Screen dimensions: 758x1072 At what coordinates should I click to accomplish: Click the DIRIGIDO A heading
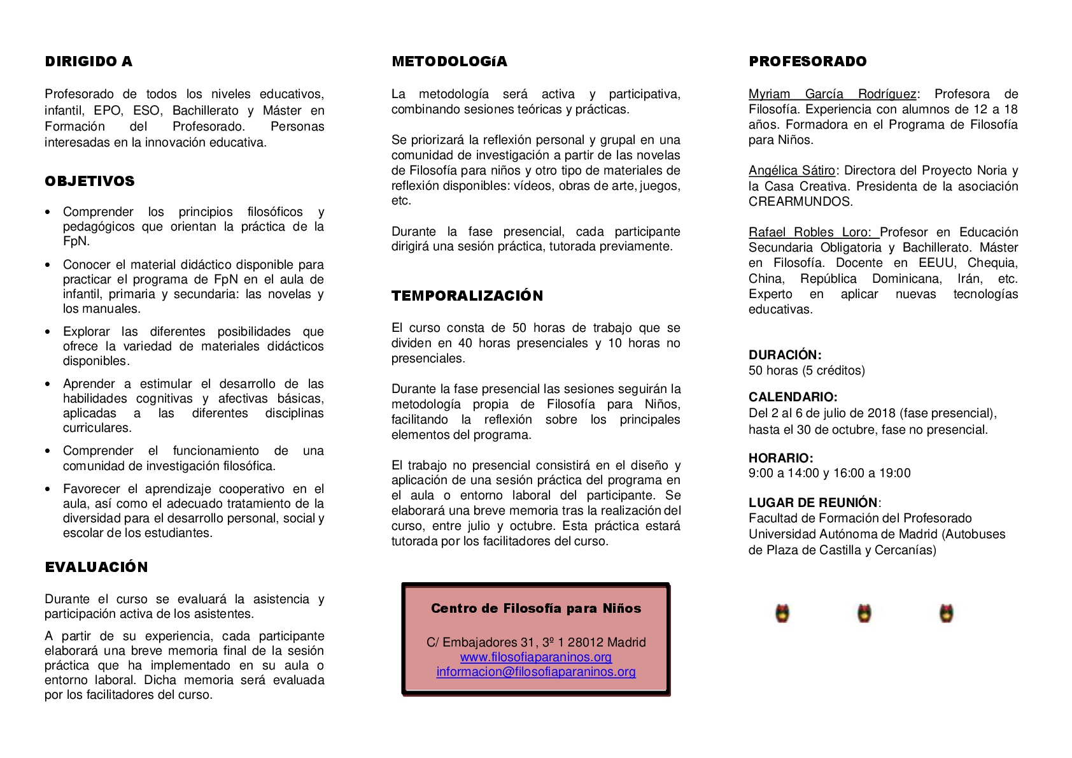click(88, 62)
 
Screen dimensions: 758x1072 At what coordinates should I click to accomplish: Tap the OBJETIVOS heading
click(90, 182)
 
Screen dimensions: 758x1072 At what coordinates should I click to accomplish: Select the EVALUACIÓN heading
click(96, 568)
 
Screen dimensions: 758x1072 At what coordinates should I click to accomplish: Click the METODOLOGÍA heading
click(449, 62)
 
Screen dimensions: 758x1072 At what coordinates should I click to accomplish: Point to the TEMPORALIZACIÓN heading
click(467, 296)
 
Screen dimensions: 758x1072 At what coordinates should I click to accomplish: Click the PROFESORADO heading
click(808, 62)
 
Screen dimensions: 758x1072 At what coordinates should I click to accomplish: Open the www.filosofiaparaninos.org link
click(536, 657)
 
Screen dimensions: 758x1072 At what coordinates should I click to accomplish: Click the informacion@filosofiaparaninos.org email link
click(536, 671)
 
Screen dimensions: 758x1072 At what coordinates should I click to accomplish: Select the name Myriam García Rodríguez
click(832, 94)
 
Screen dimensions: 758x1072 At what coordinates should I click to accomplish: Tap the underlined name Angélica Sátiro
click(792, 171)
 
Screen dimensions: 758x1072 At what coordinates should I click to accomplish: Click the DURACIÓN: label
click(785, 355)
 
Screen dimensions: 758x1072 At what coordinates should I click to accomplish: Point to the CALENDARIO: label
click(793, 397)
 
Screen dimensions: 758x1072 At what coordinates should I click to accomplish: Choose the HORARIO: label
click(780, 458)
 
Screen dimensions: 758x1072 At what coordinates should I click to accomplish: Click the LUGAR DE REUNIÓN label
click(813, 503)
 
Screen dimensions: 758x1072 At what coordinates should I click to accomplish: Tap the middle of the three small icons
click(864, 613)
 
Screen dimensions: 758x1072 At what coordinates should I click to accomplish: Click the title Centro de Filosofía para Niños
click(536, 608)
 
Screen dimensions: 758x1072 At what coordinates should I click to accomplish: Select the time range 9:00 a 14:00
click(784, 473)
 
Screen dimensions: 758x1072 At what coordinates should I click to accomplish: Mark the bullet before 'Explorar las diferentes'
click(48, 332)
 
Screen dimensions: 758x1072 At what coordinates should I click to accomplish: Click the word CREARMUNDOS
click(800, 202)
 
